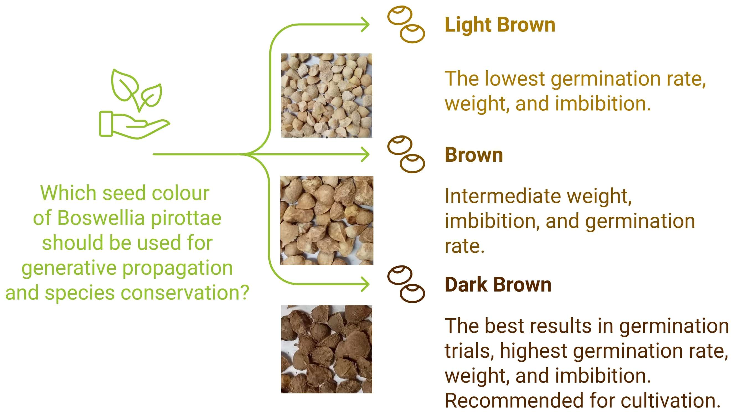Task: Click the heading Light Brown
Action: [500, 25]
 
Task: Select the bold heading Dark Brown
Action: [498, 285]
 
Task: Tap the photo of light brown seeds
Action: [327, 95]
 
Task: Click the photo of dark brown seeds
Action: [327, 349]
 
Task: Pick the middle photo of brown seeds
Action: [327, 220]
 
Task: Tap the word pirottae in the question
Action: [186, 218]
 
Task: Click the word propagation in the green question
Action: [177, 269]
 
